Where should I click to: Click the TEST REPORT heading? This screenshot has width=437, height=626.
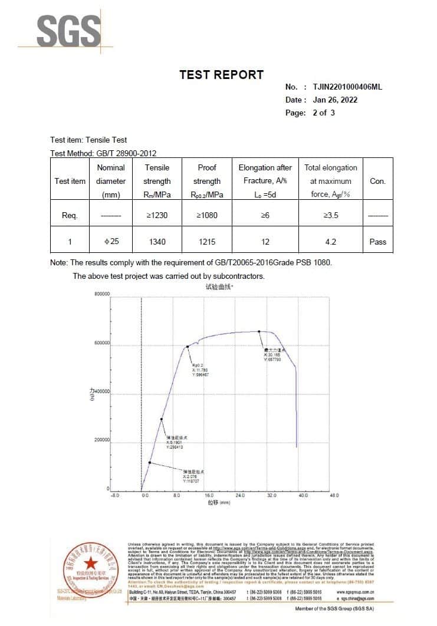[221, 75]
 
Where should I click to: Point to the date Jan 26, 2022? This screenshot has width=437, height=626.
[335, 100]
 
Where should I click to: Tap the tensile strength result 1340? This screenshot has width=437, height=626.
[157, 242]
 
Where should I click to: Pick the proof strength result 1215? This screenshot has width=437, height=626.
[206, 242]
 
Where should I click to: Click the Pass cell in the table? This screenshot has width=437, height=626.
[377, 242]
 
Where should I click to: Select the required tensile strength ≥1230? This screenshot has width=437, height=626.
[157, 215]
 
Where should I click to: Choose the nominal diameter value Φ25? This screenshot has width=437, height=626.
[111, 242]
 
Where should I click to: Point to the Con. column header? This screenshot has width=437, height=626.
[377, 181]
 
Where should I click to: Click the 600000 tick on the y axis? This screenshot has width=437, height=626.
[101, 343]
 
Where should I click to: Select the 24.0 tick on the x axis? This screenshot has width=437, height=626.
[240, 496]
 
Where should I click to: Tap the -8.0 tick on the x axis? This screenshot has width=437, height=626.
[115, 496]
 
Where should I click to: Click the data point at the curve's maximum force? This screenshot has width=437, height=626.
[259, 331]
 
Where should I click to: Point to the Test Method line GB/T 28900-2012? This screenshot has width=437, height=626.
[103, 153]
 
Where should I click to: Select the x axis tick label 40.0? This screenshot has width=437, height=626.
[303, 496]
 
